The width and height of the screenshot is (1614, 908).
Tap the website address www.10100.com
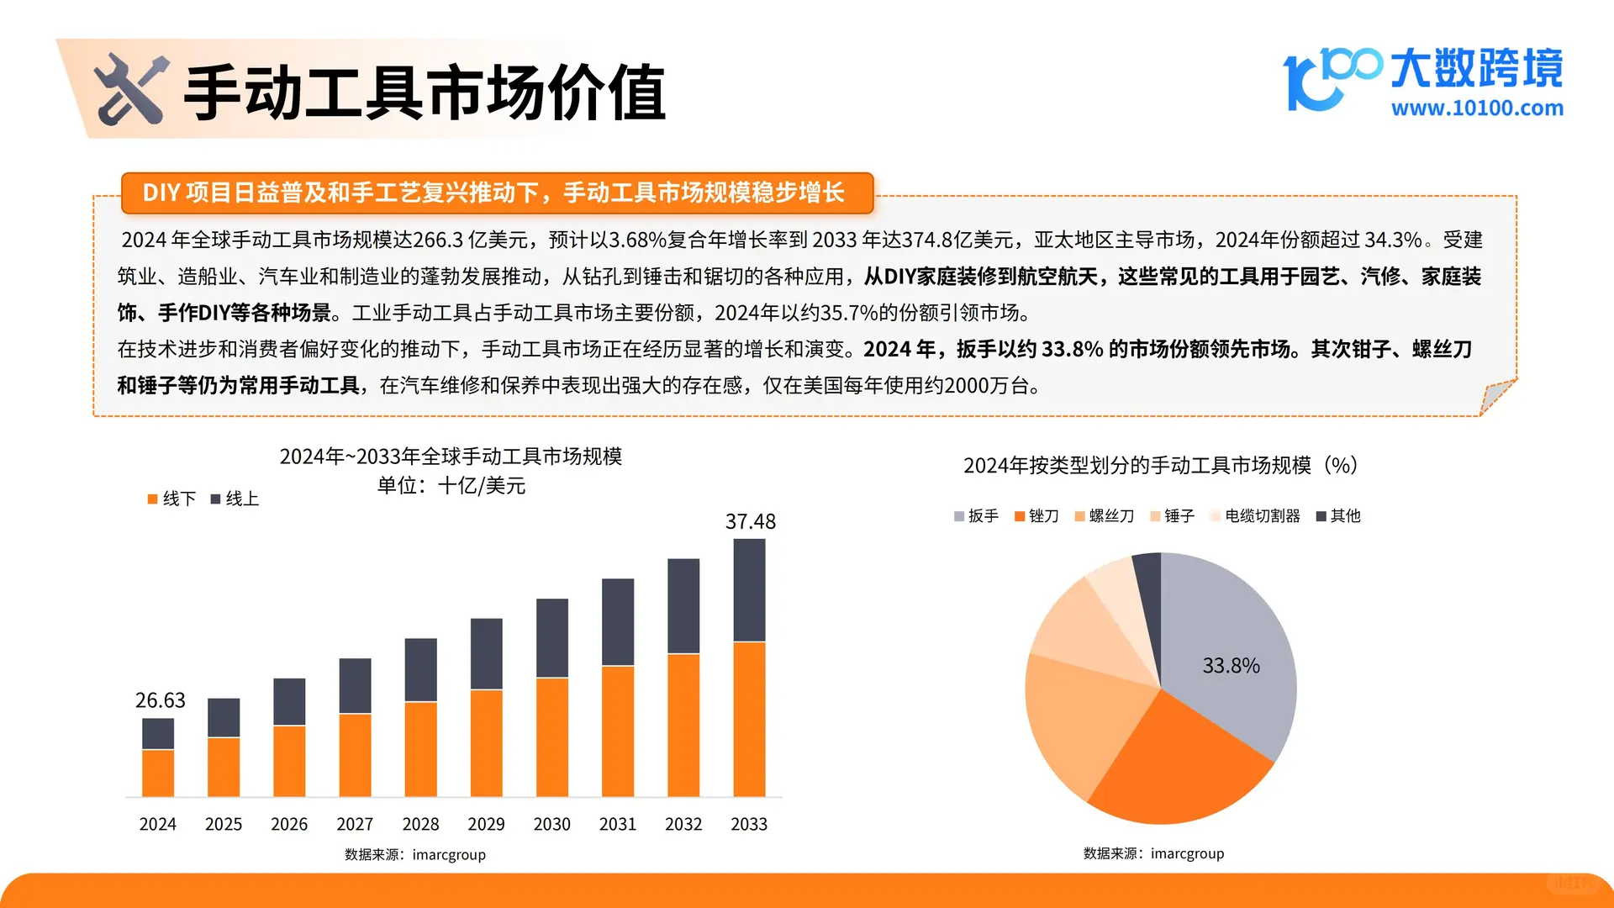pos(1477,108)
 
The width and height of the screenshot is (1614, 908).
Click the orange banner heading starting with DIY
pos(496,193)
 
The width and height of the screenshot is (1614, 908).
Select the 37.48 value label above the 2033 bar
pos(750,521)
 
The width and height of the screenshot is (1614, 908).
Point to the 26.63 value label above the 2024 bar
pos(160,700)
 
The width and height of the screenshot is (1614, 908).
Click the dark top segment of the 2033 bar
pos(749,590)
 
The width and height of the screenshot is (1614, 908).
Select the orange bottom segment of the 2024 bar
pos(158,773)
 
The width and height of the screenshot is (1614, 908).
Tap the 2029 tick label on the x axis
pos(486,825)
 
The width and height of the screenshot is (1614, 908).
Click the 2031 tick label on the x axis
pos(618,825)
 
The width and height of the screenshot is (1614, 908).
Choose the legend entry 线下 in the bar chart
pos(171,499)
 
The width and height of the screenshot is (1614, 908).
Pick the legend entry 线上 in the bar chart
pos(235,499)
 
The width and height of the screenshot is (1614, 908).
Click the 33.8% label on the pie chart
pos(1231,666)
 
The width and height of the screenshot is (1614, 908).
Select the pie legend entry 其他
pos(1338,516)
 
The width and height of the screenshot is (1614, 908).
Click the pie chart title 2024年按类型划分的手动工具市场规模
pos(1160,465)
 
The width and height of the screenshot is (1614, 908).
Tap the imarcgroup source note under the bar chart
pos(415,855)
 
